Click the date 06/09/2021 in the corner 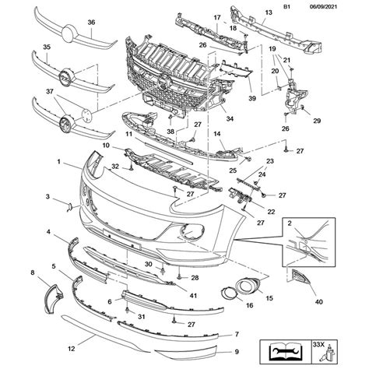click(323, 7)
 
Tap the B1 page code click(286, 7)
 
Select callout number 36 click(91, 23)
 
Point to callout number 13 click(269, 12)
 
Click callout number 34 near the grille click(230, 118)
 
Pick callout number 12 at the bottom click(71, 349)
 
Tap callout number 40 click(318, 301)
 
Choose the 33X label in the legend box click(319, 345)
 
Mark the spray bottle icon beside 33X click(329, 354)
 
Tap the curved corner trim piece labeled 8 click(54, 298)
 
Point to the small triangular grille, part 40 click(300, 276)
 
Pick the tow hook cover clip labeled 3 click(69, 207)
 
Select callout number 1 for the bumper click(59, 162)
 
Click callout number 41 click(193, 296)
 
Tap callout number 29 click(317, 121)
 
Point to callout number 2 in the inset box click(290, 223)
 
